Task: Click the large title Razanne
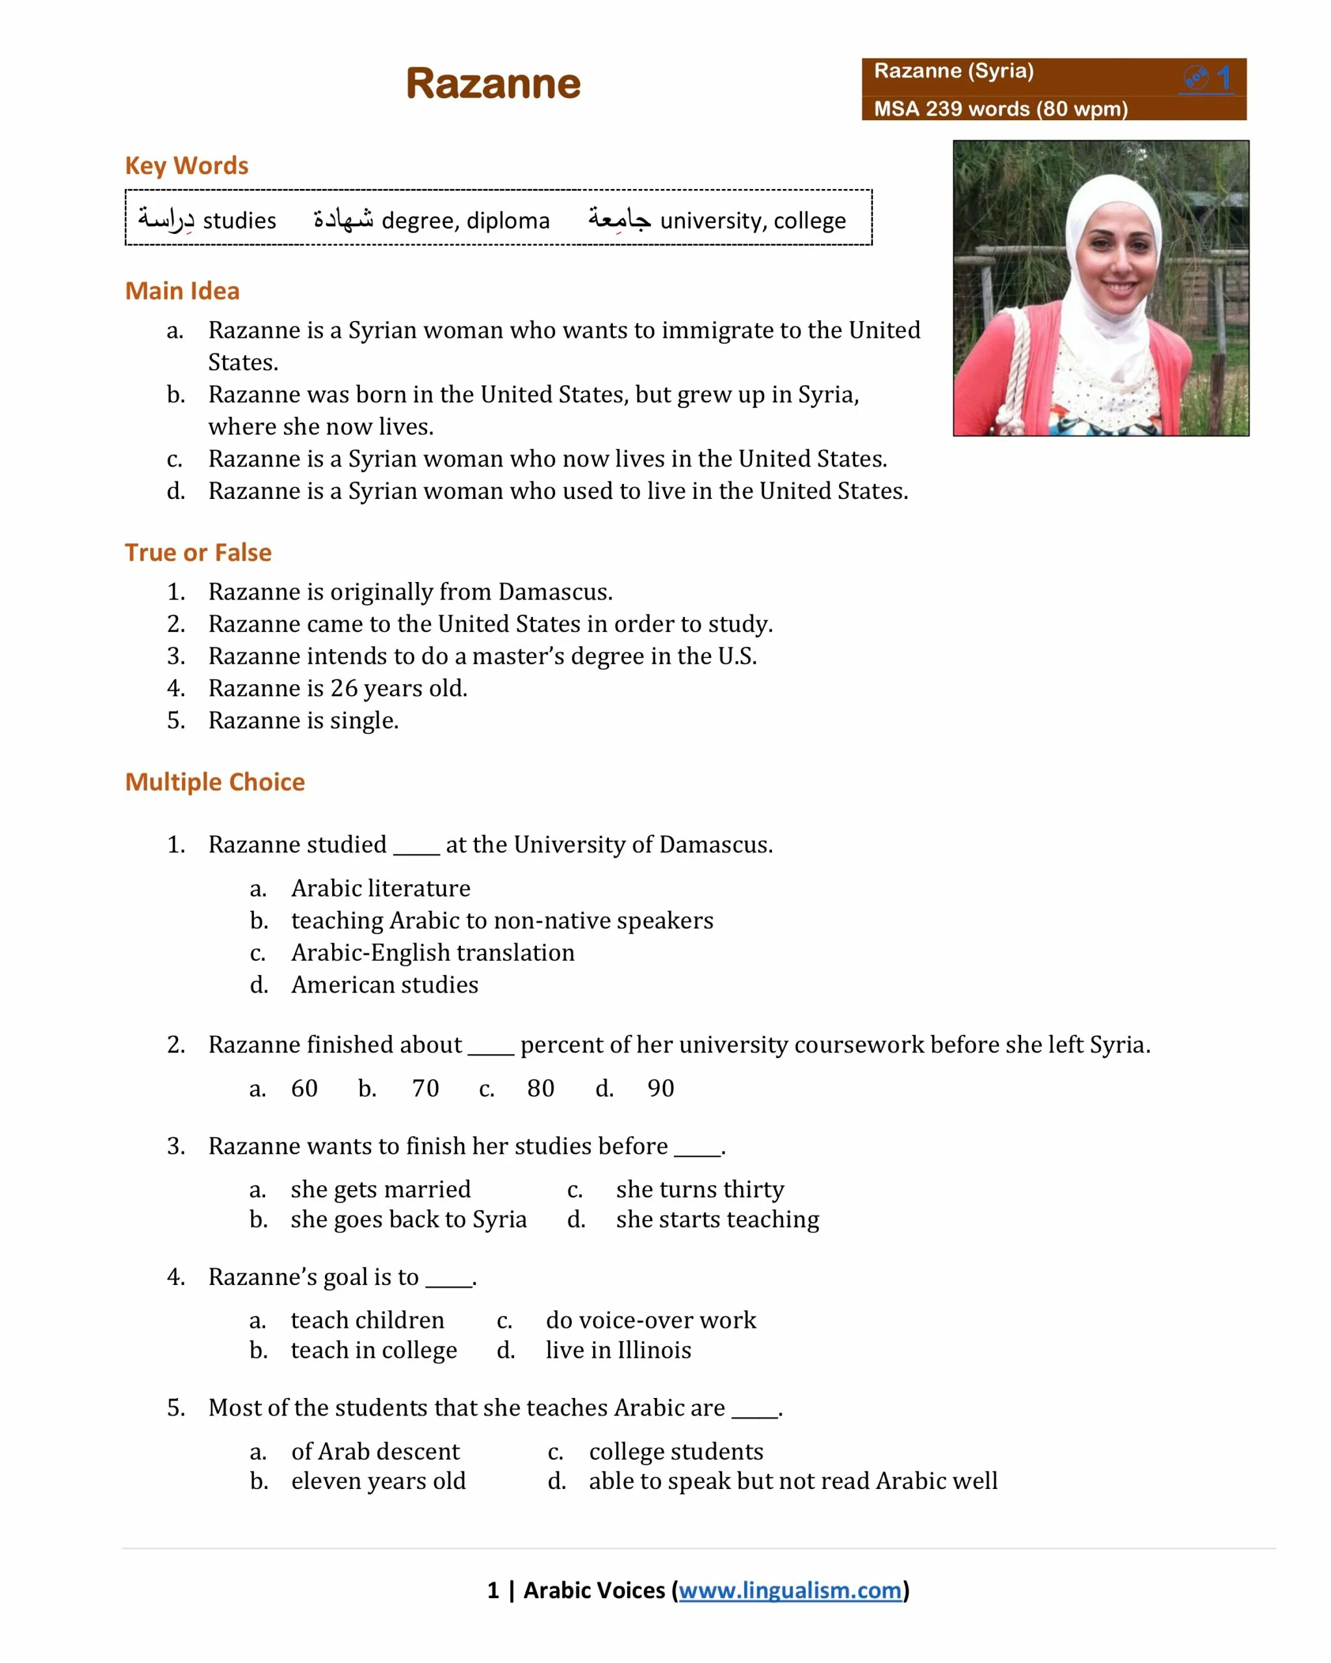pyautogui.click(x=493, y=83)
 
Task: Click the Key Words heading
pyautogui.click(x=186, y=166)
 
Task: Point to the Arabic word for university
pyautogui.click(x=619, y=219)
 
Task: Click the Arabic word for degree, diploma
pyautogui.click(x=342, y=219)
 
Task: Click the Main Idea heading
pyautogui.click(x=182, y=291)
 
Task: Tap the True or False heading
pyautogui.click(x=198, y=552)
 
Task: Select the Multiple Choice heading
pyautogui.click(x=214, y=781)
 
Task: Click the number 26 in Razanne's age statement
pyautogui.click(x=344, y=687)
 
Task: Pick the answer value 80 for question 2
pyautogui.click(x=540, y=1087)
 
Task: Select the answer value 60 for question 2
pyautogui.click(x=304, y=1087)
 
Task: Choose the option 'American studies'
pyautogui.click(x=384, y=984)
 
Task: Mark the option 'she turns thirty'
pyautogui.click(x=699, y=1189)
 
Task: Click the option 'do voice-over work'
pyautogui.click(x=651, y=1320)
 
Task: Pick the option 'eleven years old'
pyautogui.click(x=378, y=1480)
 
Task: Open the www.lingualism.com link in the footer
pyautogui.click(x=790, y=1590)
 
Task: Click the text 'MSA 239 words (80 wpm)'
pyautogui.click(x=1000, y=108)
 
